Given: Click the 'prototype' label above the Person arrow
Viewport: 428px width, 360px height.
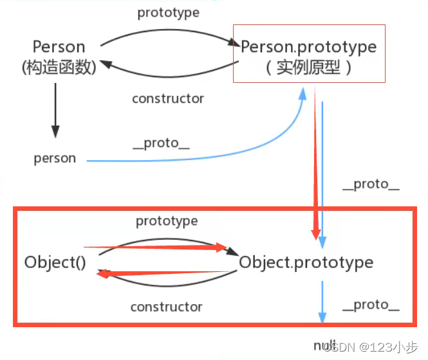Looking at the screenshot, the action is pos(169,13).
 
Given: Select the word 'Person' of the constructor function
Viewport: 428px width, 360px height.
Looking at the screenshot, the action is pos(59,47).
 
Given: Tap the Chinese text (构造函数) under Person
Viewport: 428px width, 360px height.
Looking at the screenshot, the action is pos(59,67).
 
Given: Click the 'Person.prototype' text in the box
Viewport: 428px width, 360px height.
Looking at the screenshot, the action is pos(309,47).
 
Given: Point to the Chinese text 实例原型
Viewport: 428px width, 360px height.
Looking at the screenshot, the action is pos(308,67).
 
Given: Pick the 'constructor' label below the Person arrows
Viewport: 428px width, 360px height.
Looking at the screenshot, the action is pos(168,98).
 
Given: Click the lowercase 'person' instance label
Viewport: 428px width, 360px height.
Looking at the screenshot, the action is pos(55,159).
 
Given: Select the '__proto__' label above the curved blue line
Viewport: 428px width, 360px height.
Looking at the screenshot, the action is pos(161,143).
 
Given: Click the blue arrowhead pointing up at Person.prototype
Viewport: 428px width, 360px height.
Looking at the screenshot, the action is pos(302,94).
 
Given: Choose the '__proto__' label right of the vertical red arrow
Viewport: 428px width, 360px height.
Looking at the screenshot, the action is pos(371,184).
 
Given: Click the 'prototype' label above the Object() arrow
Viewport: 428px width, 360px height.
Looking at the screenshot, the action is pos(167,221).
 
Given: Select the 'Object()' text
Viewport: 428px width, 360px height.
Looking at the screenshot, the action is pos(55,262).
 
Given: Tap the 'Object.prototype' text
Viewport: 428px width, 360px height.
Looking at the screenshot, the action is pos(306,263).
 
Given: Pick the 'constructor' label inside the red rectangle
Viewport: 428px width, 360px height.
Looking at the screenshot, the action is pos(167,307).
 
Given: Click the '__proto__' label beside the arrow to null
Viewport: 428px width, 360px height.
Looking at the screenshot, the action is pos(371,305).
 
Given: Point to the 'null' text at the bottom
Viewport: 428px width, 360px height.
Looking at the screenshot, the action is pos(325,346).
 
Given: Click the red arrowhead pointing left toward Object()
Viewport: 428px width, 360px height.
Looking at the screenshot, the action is pos(104,274).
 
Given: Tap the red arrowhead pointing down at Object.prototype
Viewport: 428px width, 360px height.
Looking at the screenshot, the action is pos(316,234).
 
